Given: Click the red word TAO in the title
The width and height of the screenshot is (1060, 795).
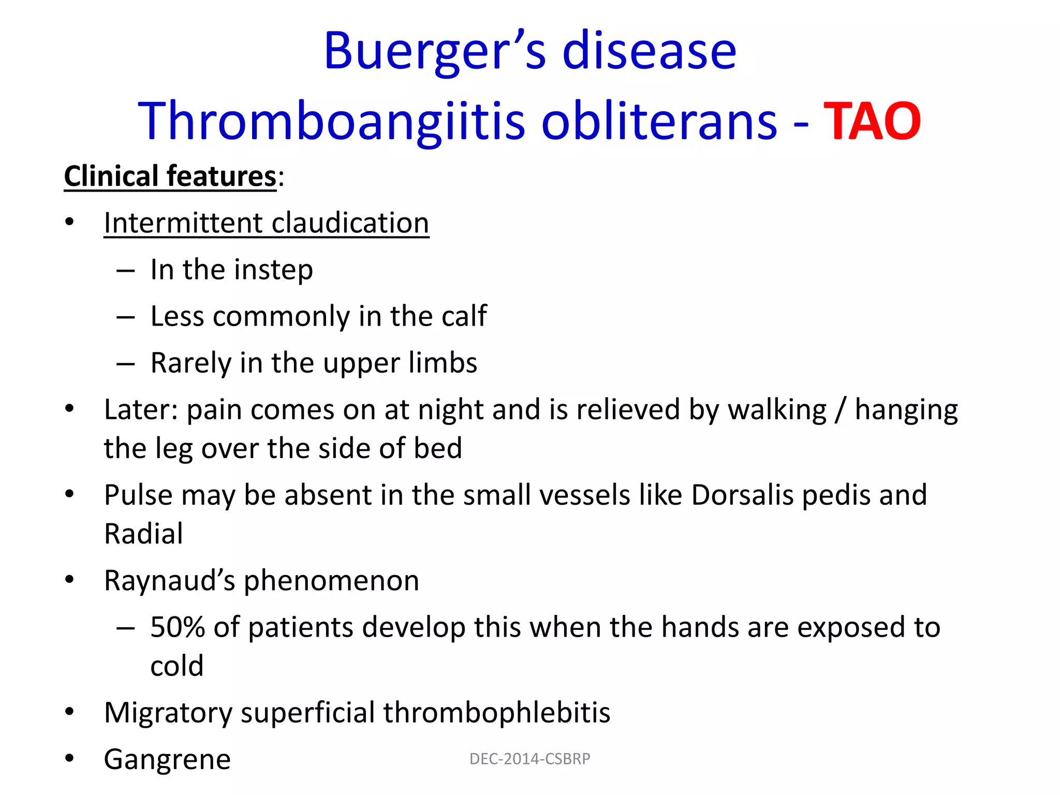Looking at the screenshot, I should pos(872,122).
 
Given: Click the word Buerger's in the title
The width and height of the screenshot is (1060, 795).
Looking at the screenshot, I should pos(434,52).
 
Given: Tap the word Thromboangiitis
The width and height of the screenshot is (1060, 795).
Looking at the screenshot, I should pos(331,122).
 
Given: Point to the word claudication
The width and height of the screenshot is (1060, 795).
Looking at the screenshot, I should pos(350,223).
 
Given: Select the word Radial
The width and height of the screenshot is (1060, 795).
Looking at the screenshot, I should pos(143,534).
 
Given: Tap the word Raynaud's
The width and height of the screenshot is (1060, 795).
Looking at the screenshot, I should pos(170,581).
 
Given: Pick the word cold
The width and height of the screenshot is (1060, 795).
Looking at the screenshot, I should pos(177,666).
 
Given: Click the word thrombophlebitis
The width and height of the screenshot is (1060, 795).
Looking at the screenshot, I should pos(496,713).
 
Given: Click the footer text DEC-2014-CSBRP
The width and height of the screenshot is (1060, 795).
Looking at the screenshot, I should pos(529,759).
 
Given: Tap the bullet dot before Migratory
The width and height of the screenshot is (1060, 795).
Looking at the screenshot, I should pos(69,712).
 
